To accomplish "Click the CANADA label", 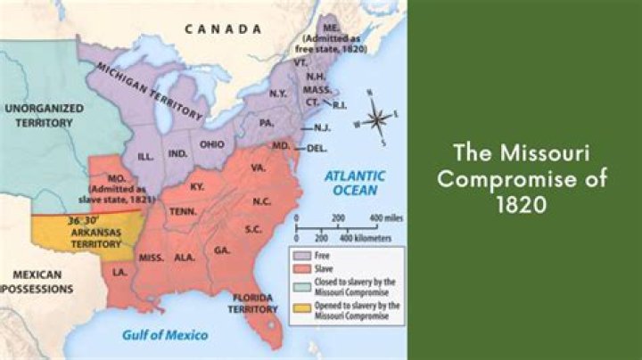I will click(219, 29).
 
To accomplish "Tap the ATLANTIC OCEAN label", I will click(354, 183).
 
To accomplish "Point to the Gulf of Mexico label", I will click(165, 335).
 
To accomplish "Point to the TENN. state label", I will click(184, 211).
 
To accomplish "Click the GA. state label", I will click(222, 250).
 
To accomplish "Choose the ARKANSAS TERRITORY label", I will click(95, 237).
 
